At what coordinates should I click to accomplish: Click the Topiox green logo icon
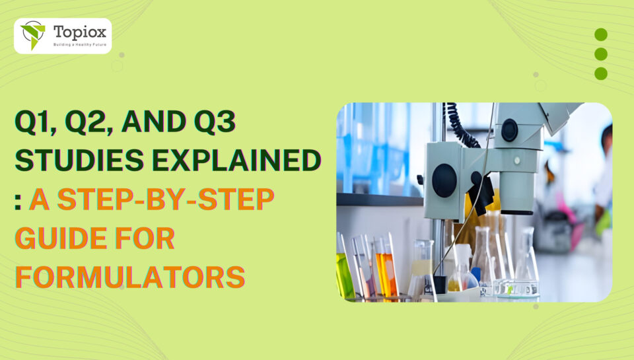32,34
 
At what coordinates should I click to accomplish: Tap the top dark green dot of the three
600,34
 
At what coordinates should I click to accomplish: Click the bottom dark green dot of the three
600,73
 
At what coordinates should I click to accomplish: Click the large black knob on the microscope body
444,179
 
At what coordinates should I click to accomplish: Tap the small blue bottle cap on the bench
475,273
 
